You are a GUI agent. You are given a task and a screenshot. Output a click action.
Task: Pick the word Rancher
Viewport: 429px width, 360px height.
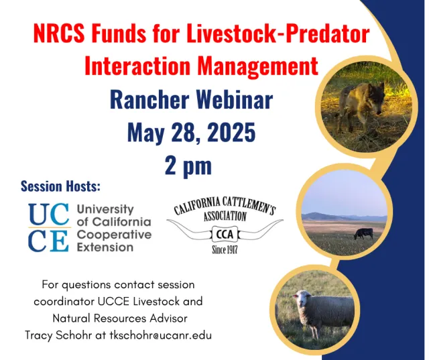(x=146, y=100)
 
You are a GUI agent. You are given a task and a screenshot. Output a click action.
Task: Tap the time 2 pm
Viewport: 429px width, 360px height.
(x=188, y=165)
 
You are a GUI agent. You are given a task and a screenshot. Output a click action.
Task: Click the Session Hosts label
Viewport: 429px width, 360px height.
(x=60, y=186)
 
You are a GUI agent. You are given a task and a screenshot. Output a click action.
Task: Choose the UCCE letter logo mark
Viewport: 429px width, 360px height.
(x=48, y=227)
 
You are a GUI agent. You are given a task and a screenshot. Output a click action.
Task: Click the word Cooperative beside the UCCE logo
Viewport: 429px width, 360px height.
(x=114, y=235)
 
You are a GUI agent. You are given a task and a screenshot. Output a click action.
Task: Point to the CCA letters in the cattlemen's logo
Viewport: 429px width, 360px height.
(x=225, y=234)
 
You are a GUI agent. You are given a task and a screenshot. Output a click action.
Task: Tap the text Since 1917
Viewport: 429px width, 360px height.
(x=225, y=251)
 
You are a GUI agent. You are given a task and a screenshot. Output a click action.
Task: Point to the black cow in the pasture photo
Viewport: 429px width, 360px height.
(x=363, y=233)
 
